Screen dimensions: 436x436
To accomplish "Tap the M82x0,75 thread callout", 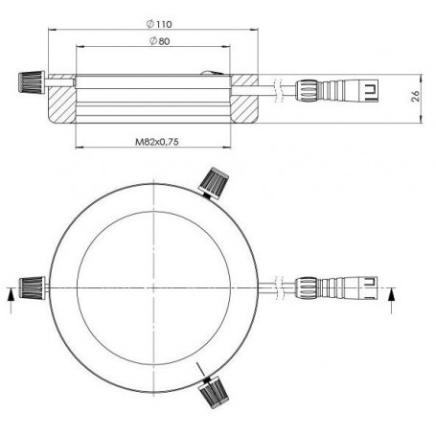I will pyautogui.click(x=157, y=141).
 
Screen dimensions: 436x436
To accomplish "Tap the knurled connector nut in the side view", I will pyautogui.click(x=310, y=91).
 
